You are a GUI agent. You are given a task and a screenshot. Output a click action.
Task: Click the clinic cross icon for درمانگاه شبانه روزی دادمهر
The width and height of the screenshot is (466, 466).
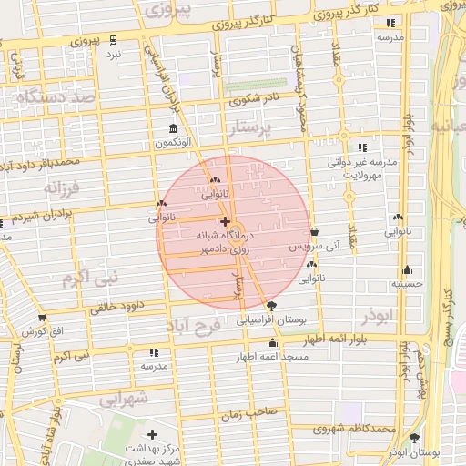pyautogui.click(x=225, y=221)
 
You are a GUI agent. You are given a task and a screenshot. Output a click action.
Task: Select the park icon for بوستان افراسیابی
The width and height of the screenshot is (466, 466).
pyautogui.click(x=272, y=305)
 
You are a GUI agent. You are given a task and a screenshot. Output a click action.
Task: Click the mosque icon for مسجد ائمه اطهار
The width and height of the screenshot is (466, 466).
pyautogui.click(x=272, y=342)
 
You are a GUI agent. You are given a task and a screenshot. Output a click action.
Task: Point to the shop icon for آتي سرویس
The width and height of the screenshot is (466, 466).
pyautogui.click(x=314, y=232)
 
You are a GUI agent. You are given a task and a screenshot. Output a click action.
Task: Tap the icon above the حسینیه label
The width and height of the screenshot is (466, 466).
pyautogui.click(x=406, y=269)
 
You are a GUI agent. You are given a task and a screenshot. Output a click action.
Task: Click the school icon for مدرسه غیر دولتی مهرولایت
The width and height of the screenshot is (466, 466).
pyautogui.click(x=362, y=147)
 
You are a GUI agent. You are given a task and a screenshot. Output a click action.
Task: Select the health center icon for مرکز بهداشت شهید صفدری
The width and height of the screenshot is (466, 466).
pyautogui.click(x=152, y=434)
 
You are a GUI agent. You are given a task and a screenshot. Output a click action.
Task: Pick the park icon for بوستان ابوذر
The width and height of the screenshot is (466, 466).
pyautogui.click(x=415, y=437)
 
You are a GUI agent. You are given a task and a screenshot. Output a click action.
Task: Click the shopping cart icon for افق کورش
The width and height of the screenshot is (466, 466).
pyautogui.click(x=42, y=318)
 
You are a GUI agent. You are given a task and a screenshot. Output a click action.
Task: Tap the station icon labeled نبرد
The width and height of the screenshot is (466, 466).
pyautogui.click(x=113, y=39)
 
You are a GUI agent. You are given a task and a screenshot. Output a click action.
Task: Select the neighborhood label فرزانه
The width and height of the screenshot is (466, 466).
pyautogui.click(x=63, y=187)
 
